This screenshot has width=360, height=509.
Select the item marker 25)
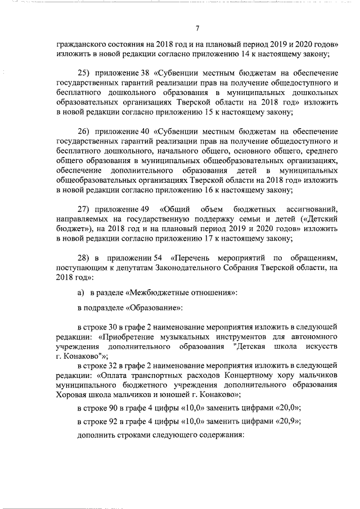[84, 74]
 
